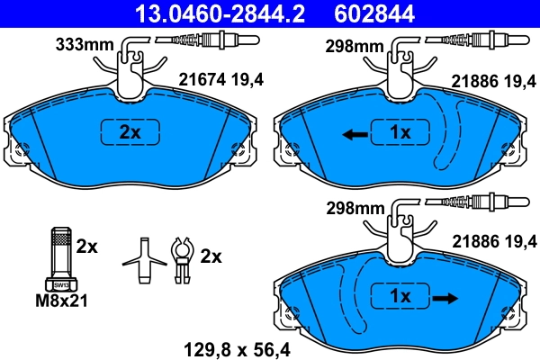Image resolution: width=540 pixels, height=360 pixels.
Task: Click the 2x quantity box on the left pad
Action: pos(131,131)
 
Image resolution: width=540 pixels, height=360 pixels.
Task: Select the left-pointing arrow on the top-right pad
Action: pos(354,134)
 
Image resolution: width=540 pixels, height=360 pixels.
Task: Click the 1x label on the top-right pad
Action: pos(399,132)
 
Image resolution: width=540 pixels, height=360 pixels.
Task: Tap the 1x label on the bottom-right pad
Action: pos(400,295)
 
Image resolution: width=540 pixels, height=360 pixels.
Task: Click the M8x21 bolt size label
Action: pos(61,300)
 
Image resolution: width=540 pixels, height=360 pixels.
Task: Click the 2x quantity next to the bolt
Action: pos(86,245)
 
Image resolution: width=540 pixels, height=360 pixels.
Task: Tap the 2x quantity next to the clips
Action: pos(210,256)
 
